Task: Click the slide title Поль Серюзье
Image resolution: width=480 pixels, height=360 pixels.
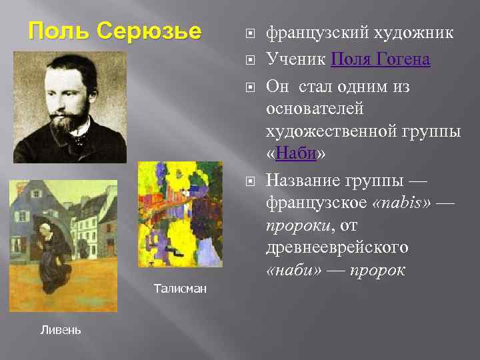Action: [115, 31]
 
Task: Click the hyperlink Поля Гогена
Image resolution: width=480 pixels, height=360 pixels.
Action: [381, 60]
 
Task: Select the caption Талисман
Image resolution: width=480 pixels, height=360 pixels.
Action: [180, 289]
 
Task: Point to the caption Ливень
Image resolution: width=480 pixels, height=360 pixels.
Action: [61, 329]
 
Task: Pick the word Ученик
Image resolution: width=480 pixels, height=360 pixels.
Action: [295, 60]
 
